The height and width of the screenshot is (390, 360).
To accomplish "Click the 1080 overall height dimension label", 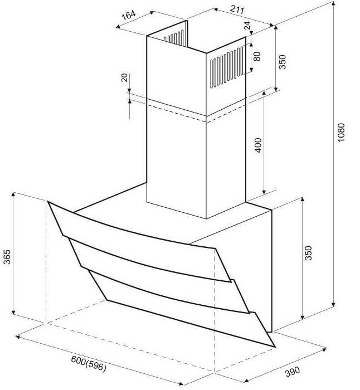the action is tap(341, 133).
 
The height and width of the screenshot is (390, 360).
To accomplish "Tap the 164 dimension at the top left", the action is tap(128, 15).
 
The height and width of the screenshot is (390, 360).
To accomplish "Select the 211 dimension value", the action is tap(237, 9).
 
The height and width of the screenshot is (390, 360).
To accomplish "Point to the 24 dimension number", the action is tap(247, 26).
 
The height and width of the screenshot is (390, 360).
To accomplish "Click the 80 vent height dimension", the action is tap(257, 56).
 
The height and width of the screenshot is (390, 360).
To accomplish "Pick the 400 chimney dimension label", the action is tap(259, 145).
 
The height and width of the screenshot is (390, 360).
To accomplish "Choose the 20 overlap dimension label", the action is tap(124, 77).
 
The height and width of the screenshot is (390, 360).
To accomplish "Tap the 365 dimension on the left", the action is tap(7, 257).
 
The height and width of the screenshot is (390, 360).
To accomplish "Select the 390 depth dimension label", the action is tap(293, 372).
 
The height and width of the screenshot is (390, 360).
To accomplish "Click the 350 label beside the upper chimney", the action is tap(283, 62).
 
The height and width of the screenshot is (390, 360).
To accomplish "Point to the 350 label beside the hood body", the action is tap(308, 253).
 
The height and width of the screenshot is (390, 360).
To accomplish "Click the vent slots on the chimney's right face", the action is tap(226, 67).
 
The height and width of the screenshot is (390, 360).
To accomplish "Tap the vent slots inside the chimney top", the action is tap(173, 36).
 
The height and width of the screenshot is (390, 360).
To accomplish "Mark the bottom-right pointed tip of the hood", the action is tap(275, 347).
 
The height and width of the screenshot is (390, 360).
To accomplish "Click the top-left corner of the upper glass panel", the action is tap(48, 201).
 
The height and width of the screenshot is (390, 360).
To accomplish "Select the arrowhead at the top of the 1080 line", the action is tap(333, 3).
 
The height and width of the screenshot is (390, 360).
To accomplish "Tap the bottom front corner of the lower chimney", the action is tap(207, 219).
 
